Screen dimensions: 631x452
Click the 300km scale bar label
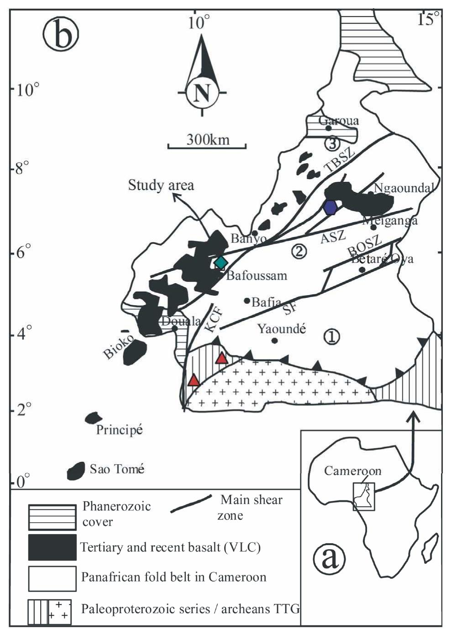click(x=208, y=139)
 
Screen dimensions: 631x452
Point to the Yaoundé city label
click(x=282, y=329)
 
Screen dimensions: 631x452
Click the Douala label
click(x=181, y=321)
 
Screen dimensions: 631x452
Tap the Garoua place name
click(x=339, y=121)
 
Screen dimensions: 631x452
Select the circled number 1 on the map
click(x=331, y=337)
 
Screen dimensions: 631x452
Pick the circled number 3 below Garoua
click(x=331, y=143)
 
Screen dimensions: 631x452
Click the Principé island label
click(x=119, y=430)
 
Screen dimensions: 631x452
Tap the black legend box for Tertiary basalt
click(x=52, y=547)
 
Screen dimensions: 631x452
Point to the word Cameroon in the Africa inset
click(x=352, y=471)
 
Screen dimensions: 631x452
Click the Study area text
click(x=161, y=185)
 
